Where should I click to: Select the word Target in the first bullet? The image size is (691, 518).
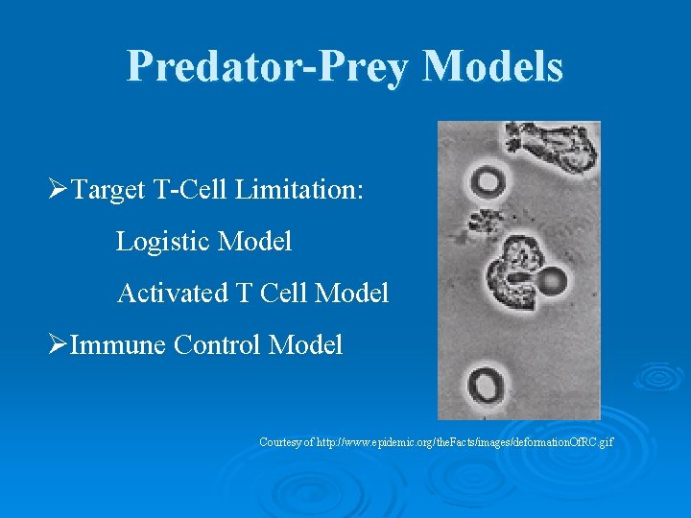(108, 189)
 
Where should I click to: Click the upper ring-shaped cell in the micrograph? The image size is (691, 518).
(486, 178)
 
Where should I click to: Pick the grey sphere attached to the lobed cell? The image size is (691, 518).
(553, 281)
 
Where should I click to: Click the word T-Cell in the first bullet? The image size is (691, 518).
(189, 189)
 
